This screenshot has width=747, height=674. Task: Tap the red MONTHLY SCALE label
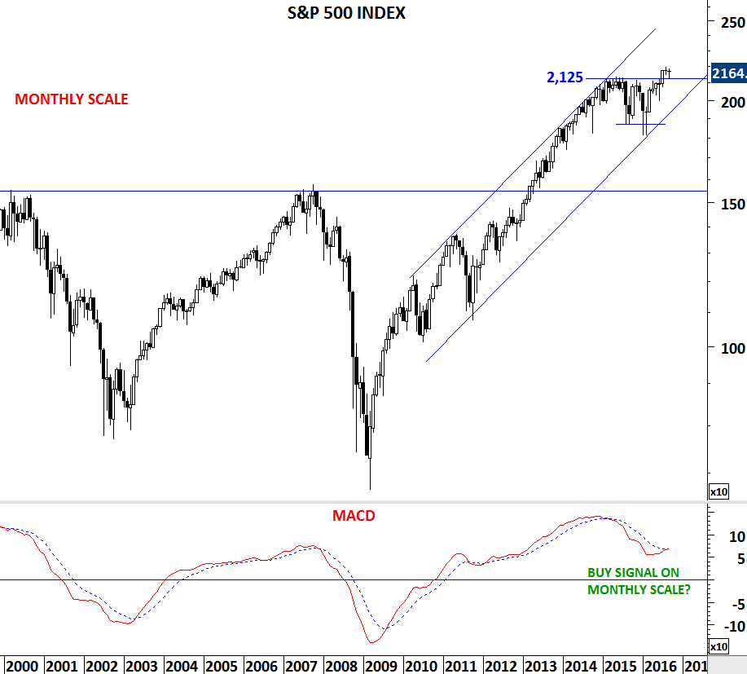[72, 99]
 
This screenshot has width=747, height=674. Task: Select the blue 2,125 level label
[565, 78]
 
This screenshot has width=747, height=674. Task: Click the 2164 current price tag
[728, 74]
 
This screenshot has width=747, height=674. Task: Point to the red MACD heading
[353, 515]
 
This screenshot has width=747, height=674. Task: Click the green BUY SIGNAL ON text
[633, 573]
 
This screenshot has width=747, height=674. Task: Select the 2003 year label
[143, 666]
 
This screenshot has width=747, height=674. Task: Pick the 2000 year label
[22, 666]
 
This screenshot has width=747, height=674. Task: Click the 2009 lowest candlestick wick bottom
[370, 489]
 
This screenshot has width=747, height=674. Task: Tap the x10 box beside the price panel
[718, 492]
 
